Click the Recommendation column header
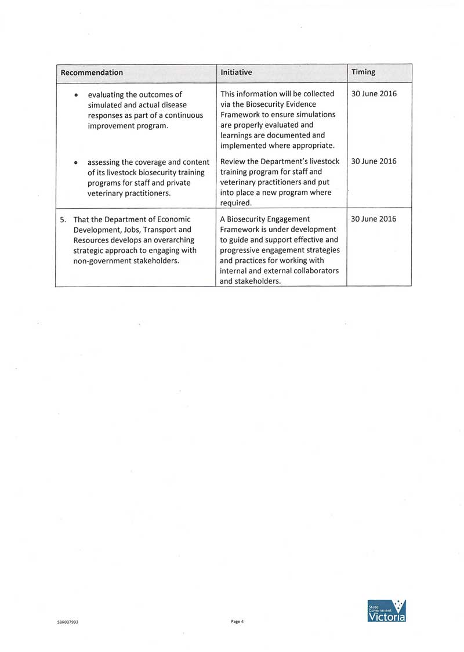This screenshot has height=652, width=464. (92, 73)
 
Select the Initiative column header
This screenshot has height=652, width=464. (236, 73)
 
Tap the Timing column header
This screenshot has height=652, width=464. (363, 73)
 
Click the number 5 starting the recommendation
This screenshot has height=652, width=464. (62, 219)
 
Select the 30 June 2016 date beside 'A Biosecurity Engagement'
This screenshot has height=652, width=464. (374, 219)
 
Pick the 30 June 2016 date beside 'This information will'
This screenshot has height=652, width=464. (374, 94)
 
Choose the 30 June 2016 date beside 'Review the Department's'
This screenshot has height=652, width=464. (374, 161)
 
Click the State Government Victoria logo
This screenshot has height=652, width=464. (387, 611)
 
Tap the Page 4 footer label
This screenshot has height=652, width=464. (237, 621)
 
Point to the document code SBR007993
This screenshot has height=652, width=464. (68, 622)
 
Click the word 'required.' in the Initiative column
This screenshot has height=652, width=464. (236, 203)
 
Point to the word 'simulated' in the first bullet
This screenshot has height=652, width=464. (105, 104)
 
